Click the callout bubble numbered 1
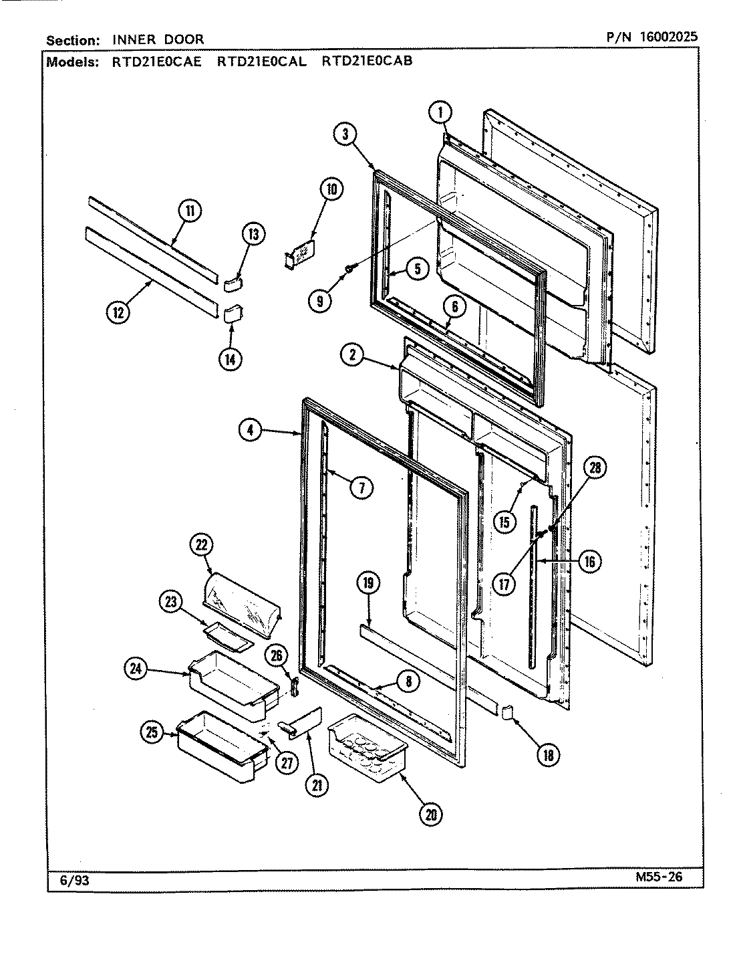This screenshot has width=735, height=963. click(440, 112)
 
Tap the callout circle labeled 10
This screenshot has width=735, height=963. click(331, 190)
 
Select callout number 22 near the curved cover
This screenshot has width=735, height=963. click(201, 546)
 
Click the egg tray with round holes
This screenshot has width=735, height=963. click(367, 747)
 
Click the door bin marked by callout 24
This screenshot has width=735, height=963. click(233, 684)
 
